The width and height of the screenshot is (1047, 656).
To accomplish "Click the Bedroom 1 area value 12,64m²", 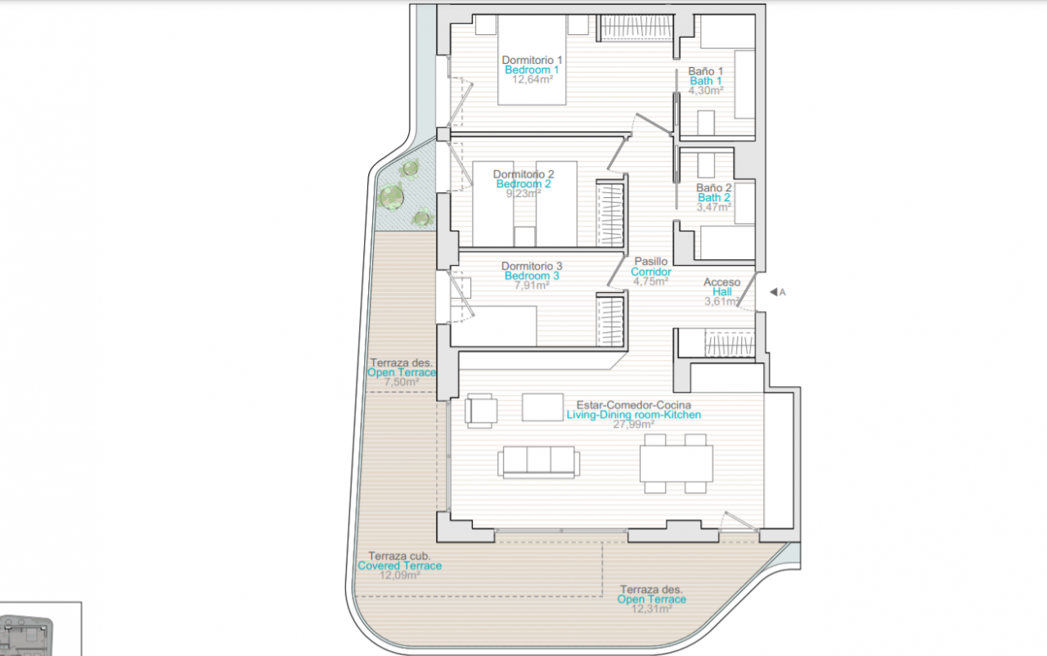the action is pyautogui.click(x=532, y=79).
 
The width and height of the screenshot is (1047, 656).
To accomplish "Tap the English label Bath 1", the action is pyautogui.click(x=706, y=81).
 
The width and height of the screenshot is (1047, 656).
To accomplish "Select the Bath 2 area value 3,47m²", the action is pyautogui.click(x=714, y=207).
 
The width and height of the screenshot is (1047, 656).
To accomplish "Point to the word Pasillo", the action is pyautogui.click(x=650, y=261).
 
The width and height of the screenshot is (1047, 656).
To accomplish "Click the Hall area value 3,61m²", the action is pyautogui.click(x=722, y=301).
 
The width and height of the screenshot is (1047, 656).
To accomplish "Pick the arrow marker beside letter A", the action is pyautogui.click(x=774, y=292).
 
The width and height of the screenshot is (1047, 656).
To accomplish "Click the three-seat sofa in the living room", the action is pyautogui.click(x=538, y=462).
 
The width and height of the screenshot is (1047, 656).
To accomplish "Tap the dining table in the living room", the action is pyautogui.click(x=676, y=464).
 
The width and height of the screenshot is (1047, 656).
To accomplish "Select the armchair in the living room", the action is pyautogui.click(x=480, y=411).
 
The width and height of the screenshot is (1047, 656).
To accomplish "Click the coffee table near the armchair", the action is pyautogui.click(x=542, y=407).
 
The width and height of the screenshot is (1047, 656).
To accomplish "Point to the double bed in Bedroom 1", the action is pyautogui.click(x=532, y=60).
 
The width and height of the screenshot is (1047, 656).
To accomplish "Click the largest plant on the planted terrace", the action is pyautogui.click(x=391, y=196).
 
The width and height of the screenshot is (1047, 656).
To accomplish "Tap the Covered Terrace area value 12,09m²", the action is pyautogui.click(x=400, y=575).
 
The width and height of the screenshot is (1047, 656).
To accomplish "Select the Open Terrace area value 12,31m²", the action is pyautogui.click(x=652, y=609).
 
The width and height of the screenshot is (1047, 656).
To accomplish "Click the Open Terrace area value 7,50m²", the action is pyautogui.click(x=402, y=382).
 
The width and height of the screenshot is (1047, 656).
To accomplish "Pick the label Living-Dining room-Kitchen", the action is pyautogui.click(x=634, y=415).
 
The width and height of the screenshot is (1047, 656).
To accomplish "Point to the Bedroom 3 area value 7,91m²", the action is pyautogui.click(x=532, y=285).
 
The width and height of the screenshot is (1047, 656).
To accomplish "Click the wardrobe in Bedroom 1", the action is pyautogui.click(x=636, y=27).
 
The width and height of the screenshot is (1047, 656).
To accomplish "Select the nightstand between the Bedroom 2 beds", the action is pyautogui.click(x=524, y=236).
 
